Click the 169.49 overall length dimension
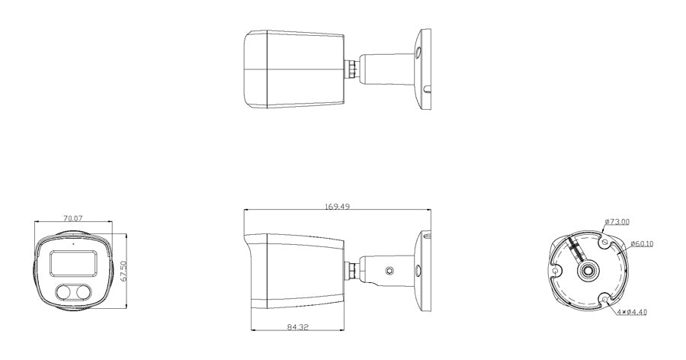[337, 206]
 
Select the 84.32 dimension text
[298, 326]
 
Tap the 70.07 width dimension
[73, 217]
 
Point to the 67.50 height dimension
[123, 271]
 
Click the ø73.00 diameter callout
[617, 222]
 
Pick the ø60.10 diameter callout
[641, 244]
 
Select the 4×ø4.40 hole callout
[632, 312]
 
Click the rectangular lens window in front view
[73, 264]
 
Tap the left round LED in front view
[64, 292]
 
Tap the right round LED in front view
[82, 292]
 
